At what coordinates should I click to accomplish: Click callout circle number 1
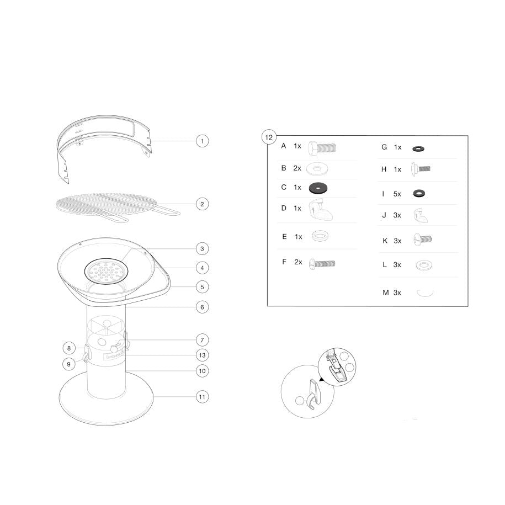point(202,141)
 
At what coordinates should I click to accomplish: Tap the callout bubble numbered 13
point(202,355)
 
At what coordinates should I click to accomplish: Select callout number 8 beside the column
point(69,348)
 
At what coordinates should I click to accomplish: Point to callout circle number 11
point(202,397)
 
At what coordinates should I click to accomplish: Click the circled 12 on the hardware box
point(269,137)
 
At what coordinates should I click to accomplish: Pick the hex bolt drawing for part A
point(322,148)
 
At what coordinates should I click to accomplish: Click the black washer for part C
point(318,188)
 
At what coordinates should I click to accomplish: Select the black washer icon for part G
point(418,149)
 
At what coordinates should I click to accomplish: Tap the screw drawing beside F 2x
point(322,264)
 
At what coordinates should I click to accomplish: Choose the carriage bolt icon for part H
point(421,169)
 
